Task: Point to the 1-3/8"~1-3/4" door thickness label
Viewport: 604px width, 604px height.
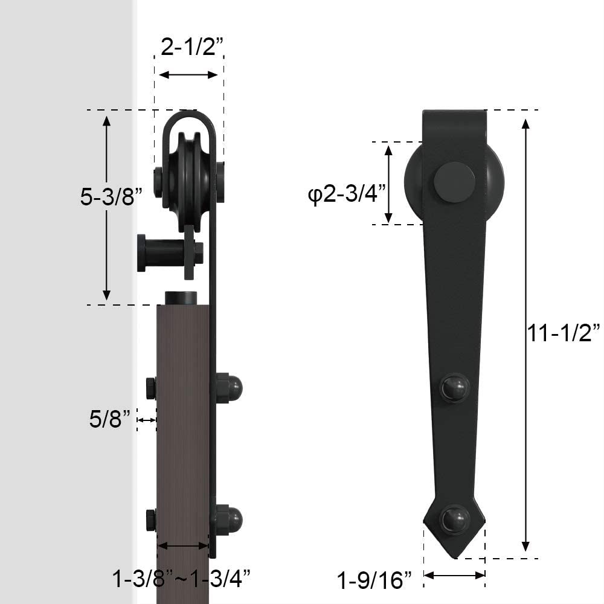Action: coord(181,579)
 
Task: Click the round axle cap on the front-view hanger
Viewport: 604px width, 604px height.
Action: coord(454,182)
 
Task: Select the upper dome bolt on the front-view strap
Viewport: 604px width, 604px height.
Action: coord(454,387)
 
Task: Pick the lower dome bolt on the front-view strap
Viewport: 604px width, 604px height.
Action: coord(454,519)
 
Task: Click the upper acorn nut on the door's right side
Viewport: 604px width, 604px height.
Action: coord(230,387)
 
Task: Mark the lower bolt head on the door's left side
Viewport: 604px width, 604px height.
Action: coord(151,519)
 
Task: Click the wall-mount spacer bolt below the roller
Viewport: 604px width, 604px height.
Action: coord(166,252)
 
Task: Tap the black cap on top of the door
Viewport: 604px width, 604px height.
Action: coord(181,298)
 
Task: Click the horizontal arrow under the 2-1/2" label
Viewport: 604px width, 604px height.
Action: coord(188,74)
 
